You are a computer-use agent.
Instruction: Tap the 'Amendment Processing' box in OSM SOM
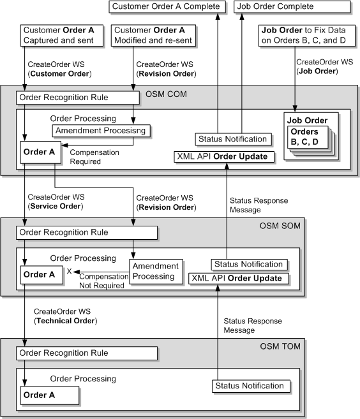(156, 271)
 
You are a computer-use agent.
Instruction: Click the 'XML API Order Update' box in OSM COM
(221, 157)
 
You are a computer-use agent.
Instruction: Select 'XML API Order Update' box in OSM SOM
(237, 278)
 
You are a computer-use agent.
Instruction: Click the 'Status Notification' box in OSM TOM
(250, 386)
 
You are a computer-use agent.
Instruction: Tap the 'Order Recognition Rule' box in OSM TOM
(87, 353)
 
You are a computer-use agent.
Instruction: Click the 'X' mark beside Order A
(69, 272)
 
